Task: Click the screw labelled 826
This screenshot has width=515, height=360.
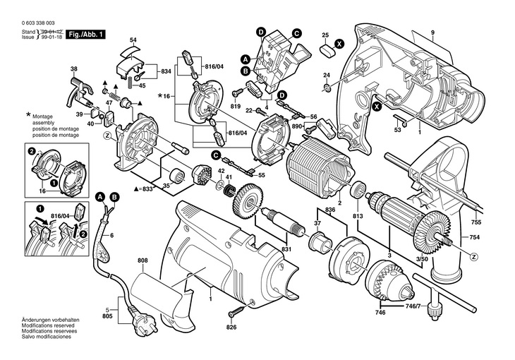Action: pyautogui.click(x=236, y=311)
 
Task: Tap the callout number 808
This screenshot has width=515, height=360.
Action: pyautogui.click(x=143, y=260)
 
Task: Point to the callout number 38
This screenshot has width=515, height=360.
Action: pyautogui.click(x=73, y=68)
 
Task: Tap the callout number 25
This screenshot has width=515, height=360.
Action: pyautogui.click(x=325, y=35)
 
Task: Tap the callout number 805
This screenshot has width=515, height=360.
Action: pyautogui.click(x=107, y=316)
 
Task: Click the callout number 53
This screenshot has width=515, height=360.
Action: pyautogui.click(x=396, y=129)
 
